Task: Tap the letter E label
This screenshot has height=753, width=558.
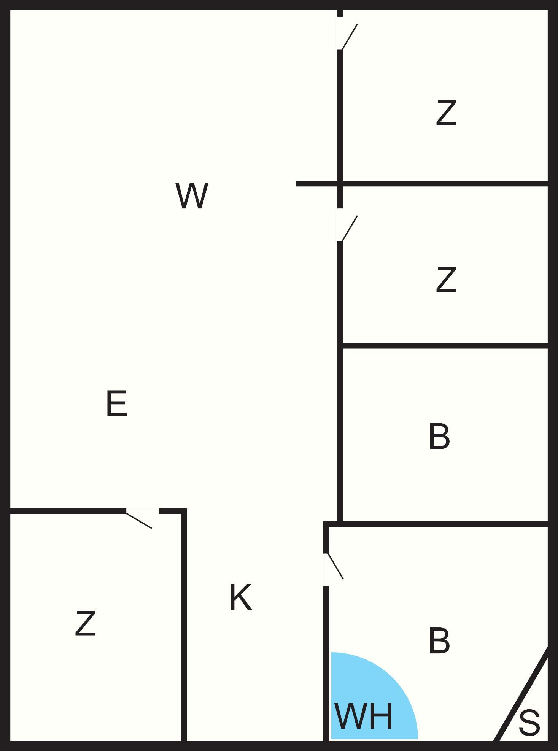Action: tap(116, 404)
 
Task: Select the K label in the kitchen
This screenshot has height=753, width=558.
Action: tap(240, 597)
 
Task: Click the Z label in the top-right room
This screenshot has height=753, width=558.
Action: tap(446, 113)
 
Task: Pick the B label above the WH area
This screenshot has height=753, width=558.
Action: tap(439, 641)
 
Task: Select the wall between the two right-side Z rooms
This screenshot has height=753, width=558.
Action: tap(445, 184)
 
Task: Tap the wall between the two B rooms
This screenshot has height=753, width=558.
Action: tap(437, 524)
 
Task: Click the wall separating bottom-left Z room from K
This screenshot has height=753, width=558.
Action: tap(184, 627)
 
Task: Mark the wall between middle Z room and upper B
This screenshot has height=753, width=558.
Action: tap(445, 346)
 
